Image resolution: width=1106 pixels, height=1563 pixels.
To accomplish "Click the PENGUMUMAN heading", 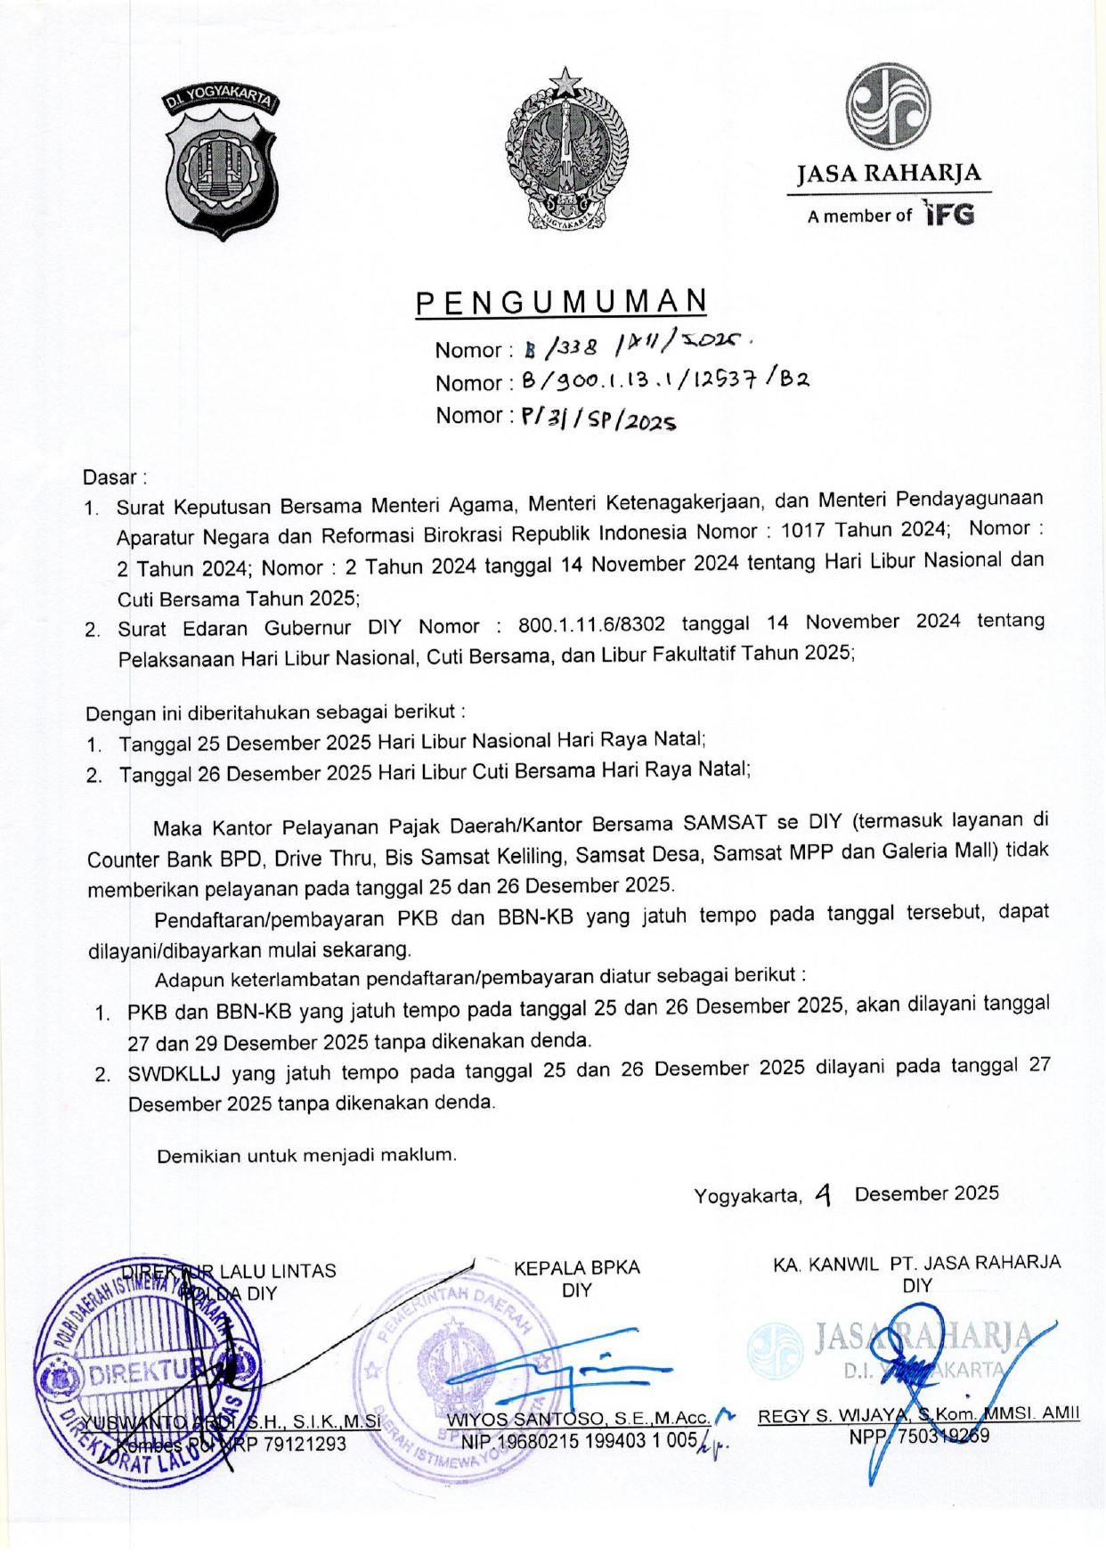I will pos(561,304).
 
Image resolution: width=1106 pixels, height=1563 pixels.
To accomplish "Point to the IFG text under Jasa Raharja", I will pos(949,215).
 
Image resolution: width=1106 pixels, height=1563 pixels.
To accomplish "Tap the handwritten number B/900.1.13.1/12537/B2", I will pos(664,381).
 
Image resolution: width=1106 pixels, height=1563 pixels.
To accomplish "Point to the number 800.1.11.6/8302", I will pos(591,624).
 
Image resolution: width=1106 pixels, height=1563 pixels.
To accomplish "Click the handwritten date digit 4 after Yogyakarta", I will pos(824,1194).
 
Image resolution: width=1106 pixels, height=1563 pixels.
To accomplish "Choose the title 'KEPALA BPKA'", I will pos(576,1267).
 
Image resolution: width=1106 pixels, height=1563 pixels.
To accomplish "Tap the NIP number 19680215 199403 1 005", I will pos(579,1440).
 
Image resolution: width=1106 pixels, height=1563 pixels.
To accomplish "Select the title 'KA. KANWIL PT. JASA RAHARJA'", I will pos(916,1263).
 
